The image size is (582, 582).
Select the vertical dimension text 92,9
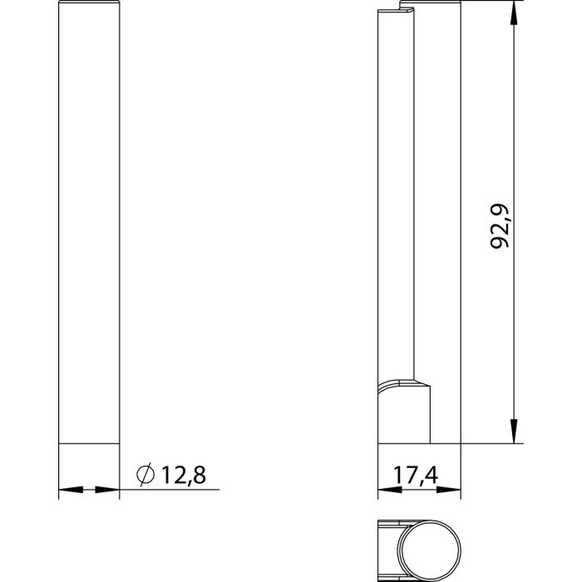[501, 226]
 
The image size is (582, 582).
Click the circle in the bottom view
[428, 550]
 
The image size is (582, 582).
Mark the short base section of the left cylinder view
[89, 457]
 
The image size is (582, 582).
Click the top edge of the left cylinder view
[89, 4]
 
